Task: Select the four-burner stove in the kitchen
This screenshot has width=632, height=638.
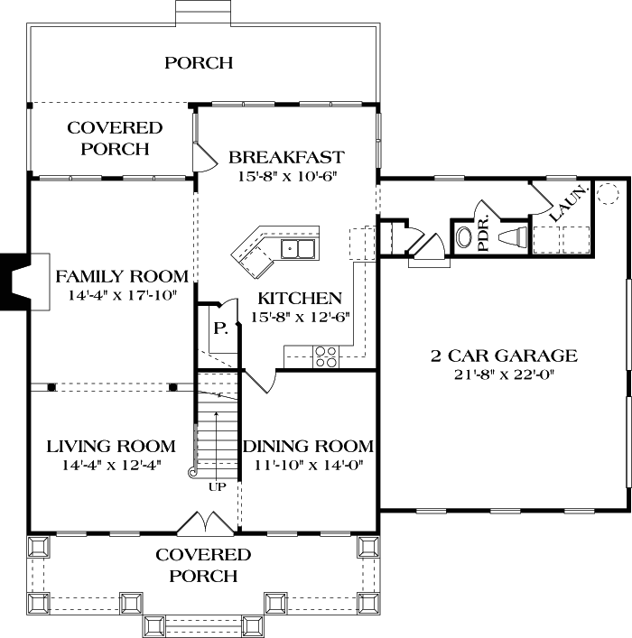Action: pyautogui.click(x=325, y=356)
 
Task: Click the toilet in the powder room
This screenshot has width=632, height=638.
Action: pyautogui.click(x=464, y=238)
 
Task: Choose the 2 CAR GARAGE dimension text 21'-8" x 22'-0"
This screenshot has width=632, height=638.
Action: pyautogui.click(x=503, y=374)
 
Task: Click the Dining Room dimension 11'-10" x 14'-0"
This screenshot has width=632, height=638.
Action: pyautogui.click(x=308, y=466)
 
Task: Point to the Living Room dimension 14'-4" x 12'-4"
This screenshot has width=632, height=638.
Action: pyautogui.click(x=111, y=466)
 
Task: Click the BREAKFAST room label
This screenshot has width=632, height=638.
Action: pyautogui.click(x=286, y=156)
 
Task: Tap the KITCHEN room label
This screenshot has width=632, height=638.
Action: pyautogui.click(x=300, y=298)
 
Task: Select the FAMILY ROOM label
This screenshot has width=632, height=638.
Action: pyautogui.click(x=122, y=276)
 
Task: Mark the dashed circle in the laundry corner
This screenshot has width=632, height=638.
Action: pyautogui.click(x=606, y=193)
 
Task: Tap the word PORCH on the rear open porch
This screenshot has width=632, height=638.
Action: pyautogui.click(x=199, y=62)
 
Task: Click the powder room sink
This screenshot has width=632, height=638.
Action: pyautogui.click(x=512, y=237)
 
